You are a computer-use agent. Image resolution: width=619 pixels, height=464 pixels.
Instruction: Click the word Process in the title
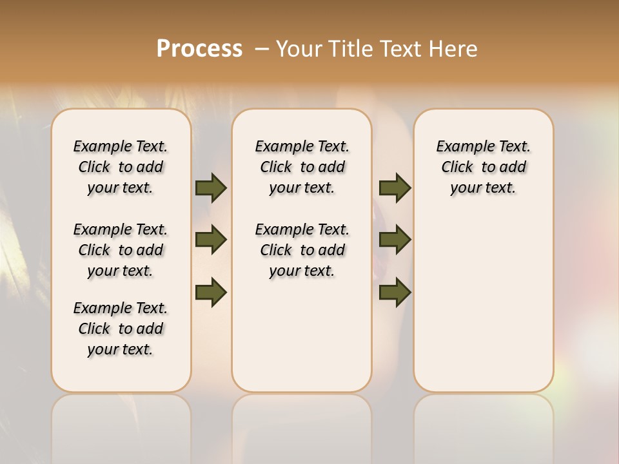[199, 49]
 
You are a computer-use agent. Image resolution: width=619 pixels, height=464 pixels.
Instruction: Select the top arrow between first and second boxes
[211, 188]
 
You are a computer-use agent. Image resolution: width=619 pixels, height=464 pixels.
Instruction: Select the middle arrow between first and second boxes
[211, 240]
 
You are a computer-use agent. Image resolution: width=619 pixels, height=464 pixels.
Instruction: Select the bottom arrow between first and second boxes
[211, 292]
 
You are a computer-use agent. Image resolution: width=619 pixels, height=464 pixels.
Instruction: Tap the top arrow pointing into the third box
[395, 188]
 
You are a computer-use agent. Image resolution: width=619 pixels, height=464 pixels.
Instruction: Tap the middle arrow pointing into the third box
[395, 240]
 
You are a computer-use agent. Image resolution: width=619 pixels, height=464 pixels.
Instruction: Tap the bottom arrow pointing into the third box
[395, 292]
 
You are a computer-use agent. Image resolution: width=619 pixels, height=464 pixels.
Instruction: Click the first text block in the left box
[121, 167]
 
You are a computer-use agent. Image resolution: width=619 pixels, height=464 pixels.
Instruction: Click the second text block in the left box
[121, 250]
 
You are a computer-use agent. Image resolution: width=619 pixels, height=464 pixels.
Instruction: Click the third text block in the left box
[121, 329]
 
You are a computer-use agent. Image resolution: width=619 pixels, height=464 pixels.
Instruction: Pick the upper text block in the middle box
[302, 167]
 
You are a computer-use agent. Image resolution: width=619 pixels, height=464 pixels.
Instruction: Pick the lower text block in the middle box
[302, 250]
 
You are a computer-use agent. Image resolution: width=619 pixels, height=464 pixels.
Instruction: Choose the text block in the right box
[483, 167]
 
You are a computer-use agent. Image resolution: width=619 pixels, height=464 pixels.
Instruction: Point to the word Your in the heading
[300, 49]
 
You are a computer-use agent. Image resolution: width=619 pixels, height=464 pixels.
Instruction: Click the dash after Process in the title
[262, 49]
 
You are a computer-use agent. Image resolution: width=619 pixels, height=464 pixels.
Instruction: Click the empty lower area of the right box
[483, 309]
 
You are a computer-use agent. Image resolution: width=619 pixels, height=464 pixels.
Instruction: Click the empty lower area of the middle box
[302, 335]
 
